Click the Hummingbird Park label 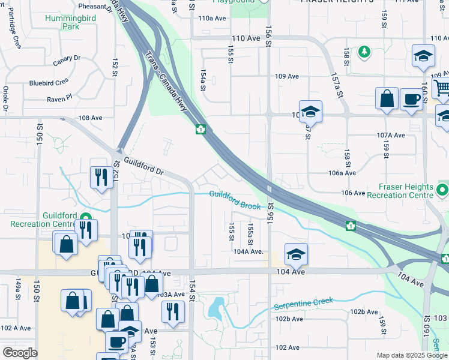[x=70, y=22]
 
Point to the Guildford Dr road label [x=143, y=166]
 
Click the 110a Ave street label [x=212, y=19]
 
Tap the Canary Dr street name [x=67, y=59]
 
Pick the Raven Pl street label [x=61, y=97]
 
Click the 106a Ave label [x=343, y=173]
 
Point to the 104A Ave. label [x=249, y=252]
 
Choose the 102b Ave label [x=364, y=312]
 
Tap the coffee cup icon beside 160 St [x=411, y=98]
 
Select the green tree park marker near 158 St [x=364, y=52]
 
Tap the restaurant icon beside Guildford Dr [x=99, y=176]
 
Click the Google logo [x=20, y=353]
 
